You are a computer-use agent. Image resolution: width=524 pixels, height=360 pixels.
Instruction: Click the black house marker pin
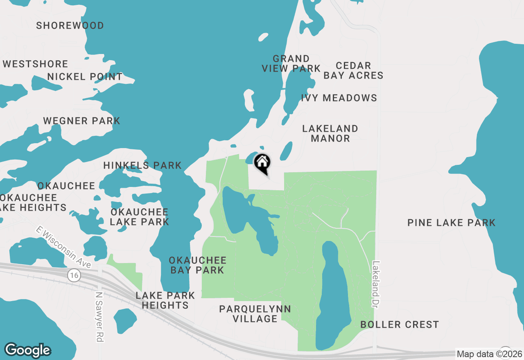point(262,163)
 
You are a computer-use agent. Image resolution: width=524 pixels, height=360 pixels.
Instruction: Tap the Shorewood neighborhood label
point(70,25)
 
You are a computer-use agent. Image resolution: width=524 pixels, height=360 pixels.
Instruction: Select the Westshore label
point(36,64)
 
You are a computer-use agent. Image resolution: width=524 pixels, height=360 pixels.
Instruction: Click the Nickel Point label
point(85,76)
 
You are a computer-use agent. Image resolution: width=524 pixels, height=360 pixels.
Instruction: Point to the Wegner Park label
point(82,121)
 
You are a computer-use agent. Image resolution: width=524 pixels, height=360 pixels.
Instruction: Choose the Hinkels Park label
point(142,165)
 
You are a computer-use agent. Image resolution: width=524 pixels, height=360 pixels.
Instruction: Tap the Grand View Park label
point(291,63)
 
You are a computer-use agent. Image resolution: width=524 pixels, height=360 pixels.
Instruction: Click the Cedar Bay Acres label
point(353,70)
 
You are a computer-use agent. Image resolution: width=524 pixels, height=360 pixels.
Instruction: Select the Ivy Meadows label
point(339,98)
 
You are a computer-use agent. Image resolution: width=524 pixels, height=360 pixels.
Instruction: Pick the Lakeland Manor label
point(330,133)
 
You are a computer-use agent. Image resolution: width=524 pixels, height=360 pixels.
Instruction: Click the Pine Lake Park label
point(452,223)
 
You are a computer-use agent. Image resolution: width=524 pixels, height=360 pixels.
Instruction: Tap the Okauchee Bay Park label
point(198,265)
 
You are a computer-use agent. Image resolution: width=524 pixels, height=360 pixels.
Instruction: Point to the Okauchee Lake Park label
point(140,217)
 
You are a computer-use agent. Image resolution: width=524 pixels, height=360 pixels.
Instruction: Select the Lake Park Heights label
point(165,300)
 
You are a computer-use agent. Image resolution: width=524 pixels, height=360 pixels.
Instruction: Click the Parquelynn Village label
point(255,314)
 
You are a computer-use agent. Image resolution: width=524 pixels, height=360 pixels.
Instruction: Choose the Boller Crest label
point(400,325)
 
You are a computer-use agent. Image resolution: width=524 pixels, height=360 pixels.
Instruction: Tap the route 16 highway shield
point(74,276)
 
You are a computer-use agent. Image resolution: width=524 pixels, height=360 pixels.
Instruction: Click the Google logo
point(28,350)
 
